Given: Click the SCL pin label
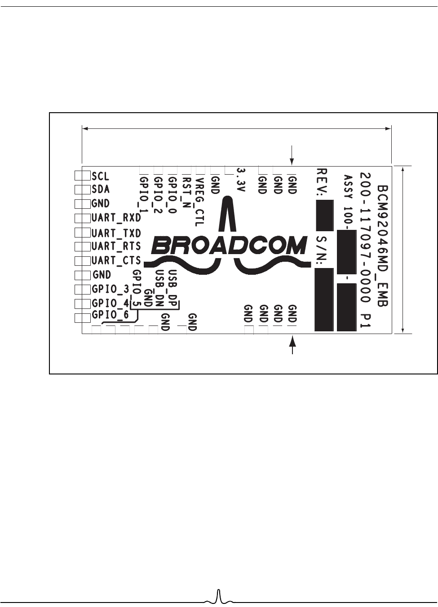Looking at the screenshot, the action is [101, 176].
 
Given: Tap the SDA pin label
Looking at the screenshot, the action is [101, 189].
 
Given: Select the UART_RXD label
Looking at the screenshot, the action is [116, 218].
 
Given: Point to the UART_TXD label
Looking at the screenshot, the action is [116, 233].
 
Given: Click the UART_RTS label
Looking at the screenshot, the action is [116, 246].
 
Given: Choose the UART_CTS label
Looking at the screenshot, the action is [116, 260].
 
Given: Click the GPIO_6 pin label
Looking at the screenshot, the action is [110, 315].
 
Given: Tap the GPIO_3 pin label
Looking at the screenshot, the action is [110, 289].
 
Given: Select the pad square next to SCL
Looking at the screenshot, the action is [81, 176].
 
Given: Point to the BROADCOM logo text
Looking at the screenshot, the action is [229, 245].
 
